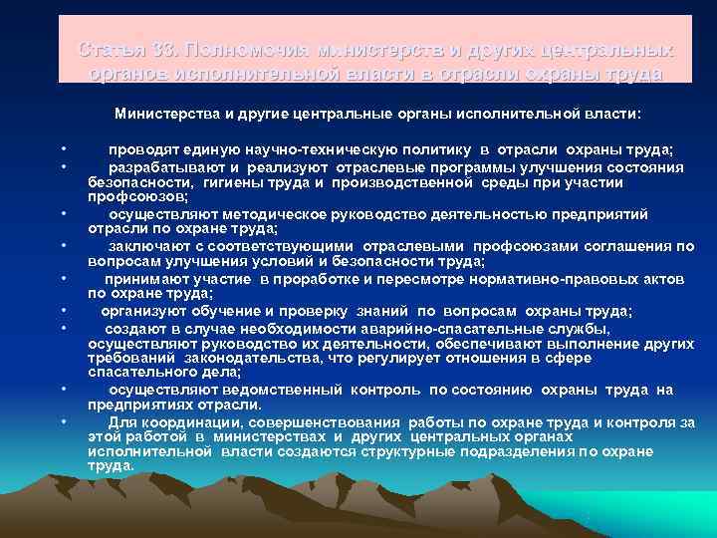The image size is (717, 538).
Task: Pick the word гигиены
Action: [x=234, y=182]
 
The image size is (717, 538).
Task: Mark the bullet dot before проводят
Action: [x=63, y=150]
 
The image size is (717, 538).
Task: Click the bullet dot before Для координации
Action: [x=63, y=421]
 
